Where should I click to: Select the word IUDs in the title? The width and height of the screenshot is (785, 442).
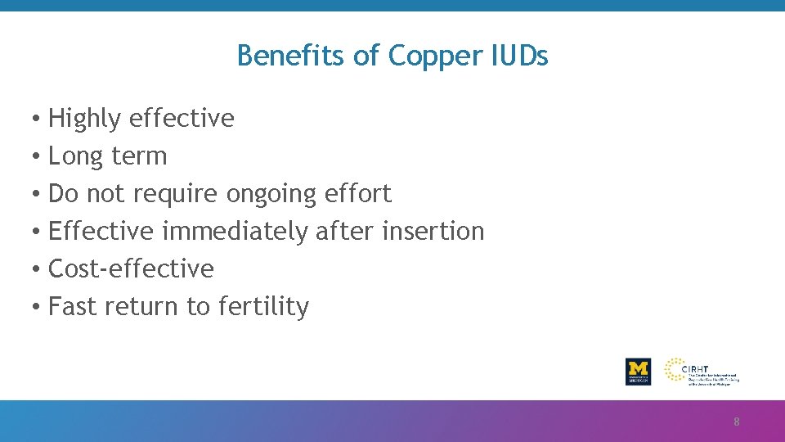tap(520, 56)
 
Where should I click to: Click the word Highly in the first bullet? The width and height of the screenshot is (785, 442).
tap(84, 119)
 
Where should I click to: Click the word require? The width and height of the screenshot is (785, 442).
tap(176, 194)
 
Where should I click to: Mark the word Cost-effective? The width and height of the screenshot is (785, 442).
tap(131, 268)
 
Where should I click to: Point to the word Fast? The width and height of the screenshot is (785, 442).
tap(72, 306)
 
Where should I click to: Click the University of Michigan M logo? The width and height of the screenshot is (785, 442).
tap(638, 372)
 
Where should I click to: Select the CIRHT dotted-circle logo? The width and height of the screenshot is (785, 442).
tap(676, 370)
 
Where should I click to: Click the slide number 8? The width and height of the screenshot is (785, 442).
tap(736, 422)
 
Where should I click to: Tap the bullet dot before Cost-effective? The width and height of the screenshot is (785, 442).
tap(38, 269)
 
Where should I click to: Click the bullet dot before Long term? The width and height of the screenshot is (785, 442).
tap(38, 156)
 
